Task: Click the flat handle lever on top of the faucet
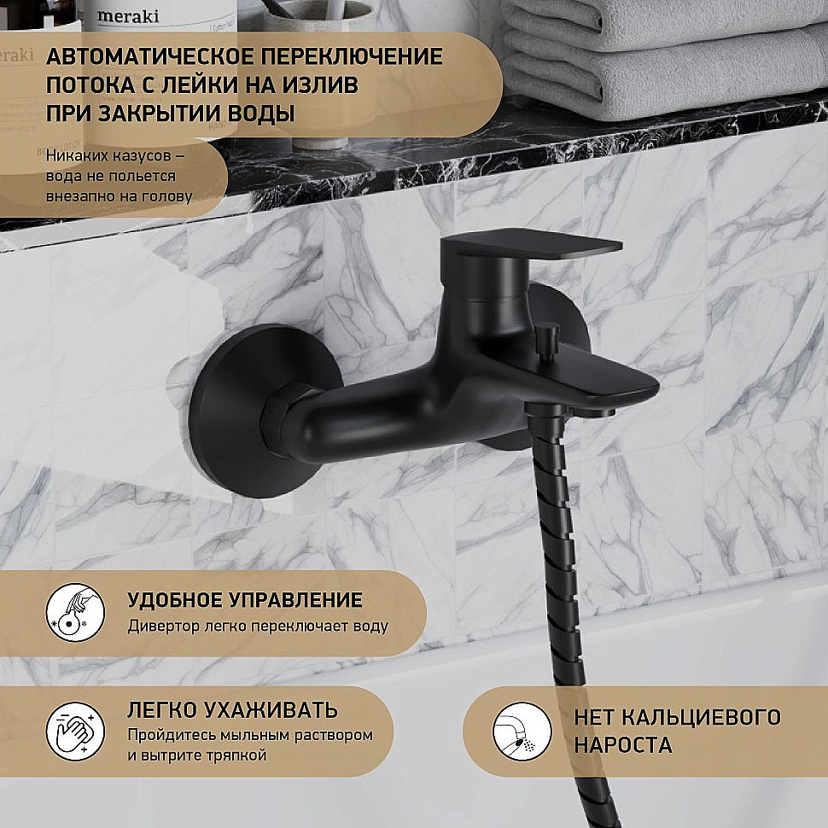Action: click(531, 246)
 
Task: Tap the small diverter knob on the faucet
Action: click(547, 339)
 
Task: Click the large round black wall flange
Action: click(263, 411)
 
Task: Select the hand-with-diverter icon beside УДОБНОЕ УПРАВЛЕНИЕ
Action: click(75, 613)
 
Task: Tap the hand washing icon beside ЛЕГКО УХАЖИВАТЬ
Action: click(75, 732)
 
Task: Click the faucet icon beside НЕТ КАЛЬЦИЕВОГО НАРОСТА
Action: click(522, 732)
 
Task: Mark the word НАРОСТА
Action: click(623, 745)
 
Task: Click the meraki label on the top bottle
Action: click(128, 16)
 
